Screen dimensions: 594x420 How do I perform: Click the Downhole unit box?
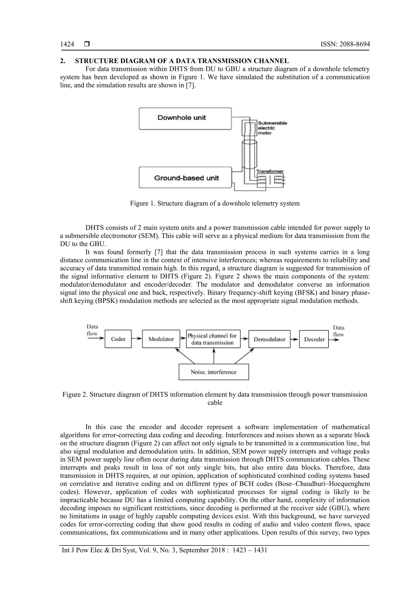(185, 119)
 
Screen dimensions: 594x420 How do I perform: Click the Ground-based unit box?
(185, 178)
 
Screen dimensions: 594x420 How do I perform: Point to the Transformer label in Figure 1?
(270, 171)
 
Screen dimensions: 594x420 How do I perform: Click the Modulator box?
(161, 339)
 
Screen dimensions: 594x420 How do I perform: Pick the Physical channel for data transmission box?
(213, 339)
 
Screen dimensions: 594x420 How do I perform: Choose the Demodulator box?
(269, 339)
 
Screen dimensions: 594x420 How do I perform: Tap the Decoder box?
(314, 339)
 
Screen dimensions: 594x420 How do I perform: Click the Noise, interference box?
(214, 372)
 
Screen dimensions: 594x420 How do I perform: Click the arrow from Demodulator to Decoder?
(295, 339)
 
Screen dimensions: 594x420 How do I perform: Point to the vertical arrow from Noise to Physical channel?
(214, 356)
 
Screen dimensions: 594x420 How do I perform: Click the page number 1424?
(67, 44)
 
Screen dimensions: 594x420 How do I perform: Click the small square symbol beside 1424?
(87, 44)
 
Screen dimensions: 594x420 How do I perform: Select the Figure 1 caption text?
(215, 203)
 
